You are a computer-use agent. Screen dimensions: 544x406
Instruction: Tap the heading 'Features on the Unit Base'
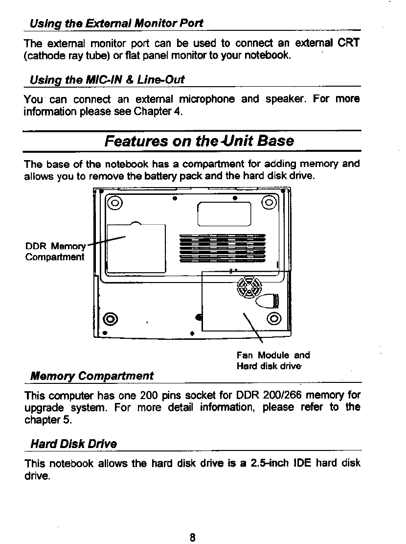click(x=199, y=141)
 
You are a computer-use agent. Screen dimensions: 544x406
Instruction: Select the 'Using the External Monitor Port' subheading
click(x=116, y=23)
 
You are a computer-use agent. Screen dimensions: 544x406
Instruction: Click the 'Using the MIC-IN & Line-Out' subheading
click(x=107, y=79)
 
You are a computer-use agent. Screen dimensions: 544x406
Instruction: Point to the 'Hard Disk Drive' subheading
click(x=74, y=444)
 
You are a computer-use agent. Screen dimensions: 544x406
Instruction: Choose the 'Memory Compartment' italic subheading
click(x=92, y=376)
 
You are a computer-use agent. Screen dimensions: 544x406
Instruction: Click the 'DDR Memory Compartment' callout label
click(x=55, y=251)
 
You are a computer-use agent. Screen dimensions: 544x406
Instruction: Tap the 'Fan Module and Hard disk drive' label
click(x=273, y=360)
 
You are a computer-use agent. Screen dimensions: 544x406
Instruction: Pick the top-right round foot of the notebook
click(x=270, y=202)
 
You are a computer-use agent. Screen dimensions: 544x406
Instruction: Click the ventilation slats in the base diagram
click(x=222, y=248)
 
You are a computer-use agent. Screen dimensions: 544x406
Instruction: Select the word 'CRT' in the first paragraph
click(x=349, y=43)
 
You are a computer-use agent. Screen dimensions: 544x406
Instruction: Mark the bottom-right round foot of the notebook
click(x=274, y=319)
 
